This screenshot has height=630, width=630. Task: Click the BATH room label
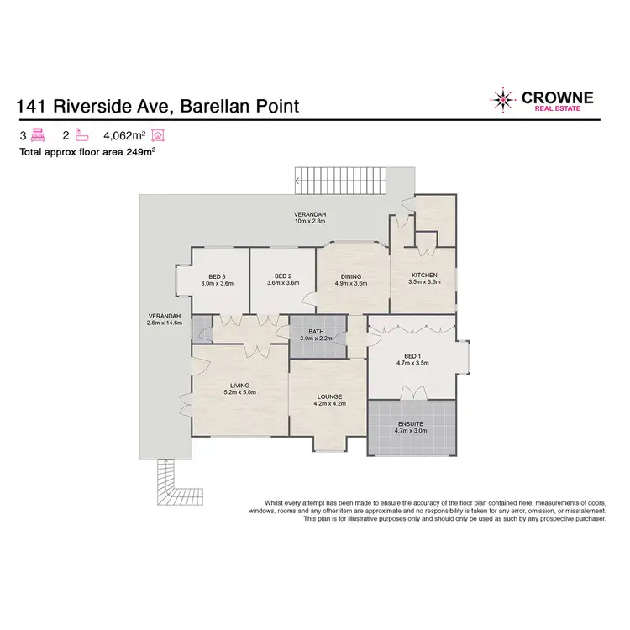tap(316, 333)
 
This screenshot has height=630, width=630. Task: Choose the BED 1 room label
tap(412, 357)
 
